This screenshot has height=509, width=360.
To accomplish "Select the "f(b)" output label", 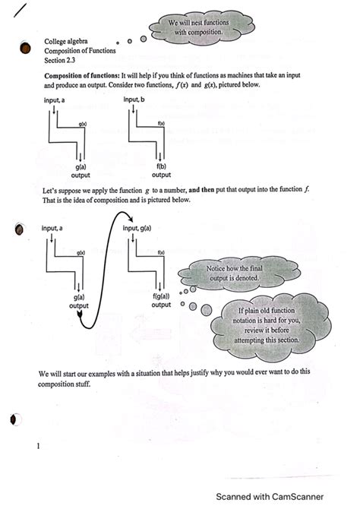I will (162, 166).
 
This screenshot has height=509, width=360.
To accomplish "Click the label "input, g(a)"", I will (144, 227).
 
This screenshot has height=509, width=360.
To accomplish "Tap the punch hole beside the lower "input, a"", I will (18, 227).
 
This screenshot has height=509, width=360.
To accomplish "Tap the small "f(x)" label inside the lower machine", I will (162, 251).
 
